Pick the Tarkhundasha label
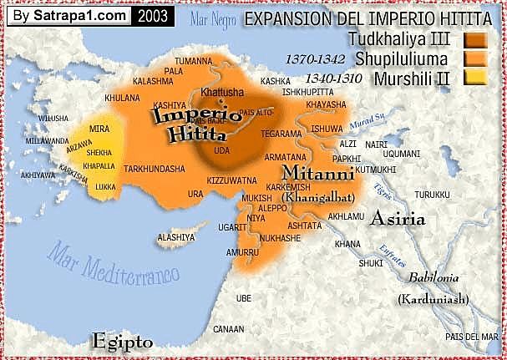pyautogui.click(x=155, y=168)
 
